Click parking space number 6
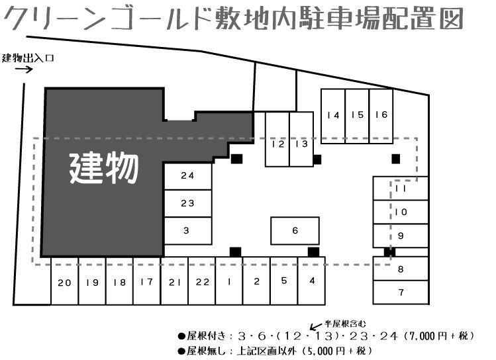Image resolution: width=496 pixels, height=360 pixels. click(x=295, y=231)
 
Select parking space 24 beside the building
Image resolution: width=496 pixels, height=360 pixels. click(x=188, y=176)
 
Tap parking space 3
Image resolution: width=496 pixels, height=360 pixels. click(x=188, y=231)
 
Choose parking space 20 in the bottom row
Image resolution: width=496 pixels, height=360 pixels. click(x=64, y=281)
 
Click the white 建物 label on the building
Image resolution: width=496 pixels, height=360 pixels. click(x=104, y=169)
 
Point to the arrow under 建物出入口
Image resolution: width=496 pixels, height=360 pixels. click(x=24, y=69)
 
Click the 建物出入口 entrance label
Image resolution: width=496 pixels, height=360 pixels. click(x=28, y=58)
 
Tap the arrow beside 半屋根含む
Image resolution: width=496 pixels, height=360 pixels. click(x=315, y=326)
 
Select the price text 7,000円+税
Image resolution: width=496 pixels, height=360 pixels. click(x=438, y=336)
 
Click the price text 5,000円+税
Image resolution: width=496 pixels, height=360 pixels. click(x=336, y=351)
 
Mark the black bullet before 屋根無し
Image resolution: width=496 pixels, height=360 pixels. click(x=181, y=351)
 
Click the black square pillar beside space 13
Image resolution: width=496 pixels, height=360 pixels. click(x=317, y=159)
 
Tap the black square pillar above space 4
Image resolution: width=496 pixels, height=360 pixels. click(x=313, y=252)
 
